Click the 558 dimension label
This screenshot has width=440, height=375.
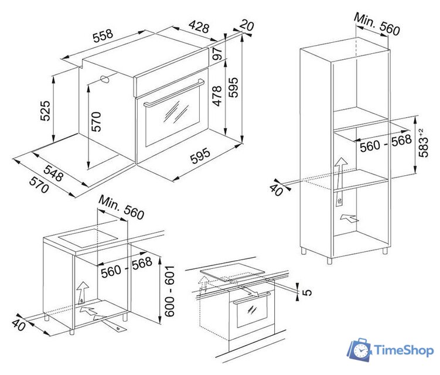[103, 35]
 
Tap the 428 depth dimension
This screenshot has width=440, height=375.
[199, 26]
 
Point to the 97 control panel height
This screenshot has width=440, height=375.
[217, 53]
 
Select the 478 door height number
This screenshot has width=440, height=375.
[217, 96]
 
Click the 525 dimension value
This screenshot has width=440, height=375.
[45, 111]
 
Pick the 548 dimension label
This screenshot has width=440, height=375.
[53, 173]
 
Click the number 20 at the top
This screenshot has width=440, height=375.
[247, 25]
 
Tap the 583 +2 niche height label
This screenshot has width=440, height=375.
[423, 143]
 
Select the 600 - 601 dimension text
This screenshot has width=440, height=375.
[169, 291]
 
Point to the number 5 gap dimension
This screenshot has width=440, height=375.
[307, 292]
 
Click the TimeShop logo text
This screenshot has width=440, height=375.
[404, 350]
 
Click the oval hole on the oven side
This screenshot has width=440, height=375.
[105, 79]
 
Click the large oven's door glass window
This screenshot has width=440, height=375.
[173, 117]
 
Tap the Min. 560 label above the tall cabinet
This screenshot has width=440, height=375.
[377, 24]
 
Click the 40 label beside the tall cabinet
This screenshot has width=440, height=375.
[277, 190]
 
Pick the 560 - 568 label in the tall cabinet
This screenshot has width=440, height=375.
[386, 143]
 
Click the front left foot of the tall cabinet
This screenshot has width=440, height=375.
[329, 260]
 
